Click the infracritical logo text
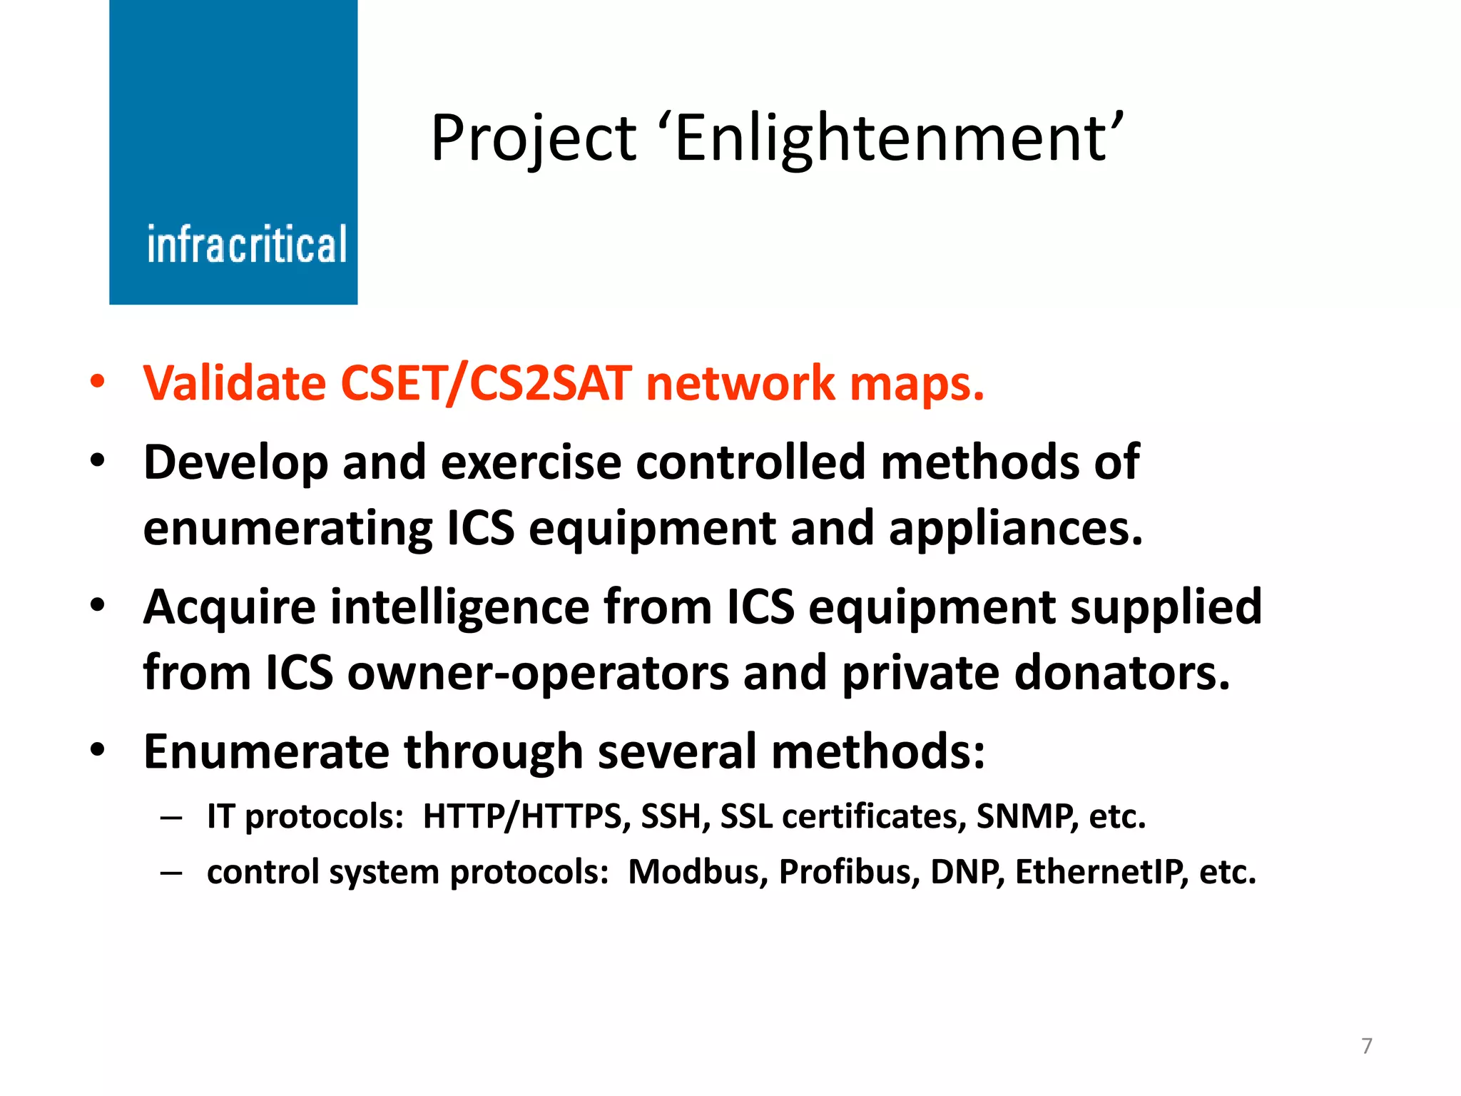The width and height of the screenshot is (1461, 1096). (x=247, y=245)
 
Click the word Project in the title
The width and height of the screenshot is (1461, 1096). (x=533, y=138)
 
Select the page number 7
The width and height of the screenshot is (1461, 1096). (x=1366, y=1046)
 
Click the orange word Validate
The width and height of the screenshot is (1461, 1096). (x=235, y=383)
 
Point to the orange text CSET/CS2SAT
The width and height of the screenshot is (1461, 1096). (x=486, y=383)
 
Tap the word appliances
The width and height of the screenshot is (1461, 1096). (x=1015, y=529)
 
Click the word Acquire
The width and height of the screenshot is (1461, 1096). (x=229, y=608)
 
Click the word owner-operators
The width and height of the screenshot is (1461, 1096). (x=538, y=673)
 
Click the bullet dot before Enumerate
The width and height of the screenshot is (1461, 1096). (x=97, y=750)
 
